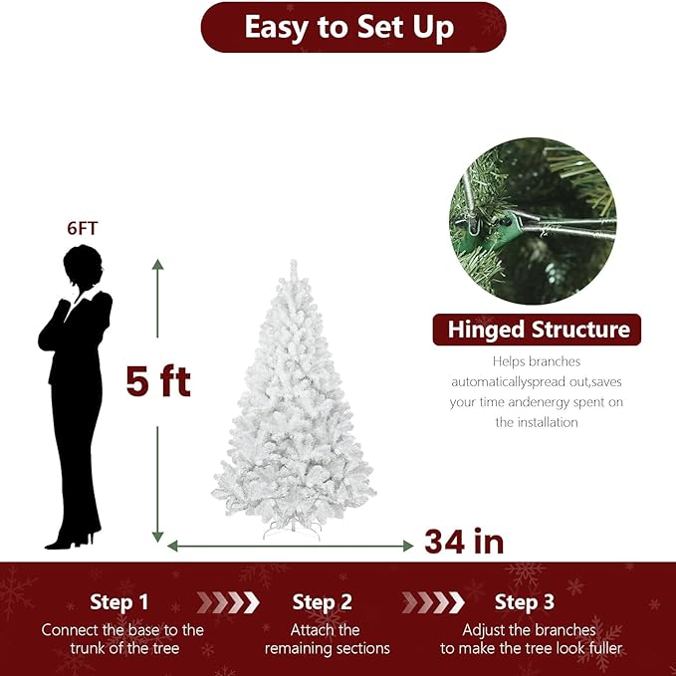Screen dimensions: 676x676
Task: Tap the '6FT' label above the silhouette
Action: pos(83,228)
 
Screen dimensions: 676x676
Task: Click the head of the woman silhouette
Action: pos(80,266)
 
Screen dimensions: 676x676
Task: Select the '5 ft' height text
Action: pos(157,380)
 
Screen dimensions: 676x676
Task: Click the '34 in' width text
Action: pos(464,542)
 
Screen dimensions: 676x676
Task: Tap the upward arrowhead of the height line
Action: pos(157,265)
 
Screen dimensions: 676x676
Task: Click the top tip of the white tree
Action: pos(293,264)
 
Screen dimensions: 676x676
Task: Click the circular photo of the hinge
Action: pos(532,221)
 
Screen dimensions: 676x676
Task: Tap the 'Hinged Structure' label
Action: pos(538,330)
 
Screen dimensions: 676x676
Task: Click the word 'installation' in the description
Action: pos(537,422)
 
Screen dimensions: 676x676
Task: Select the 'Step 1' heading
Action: pos(118,601)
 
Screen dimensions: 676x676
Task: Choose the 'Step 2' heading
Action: pos(323,601)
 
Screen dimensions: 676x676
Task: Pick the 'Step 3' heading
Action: pos(525,601)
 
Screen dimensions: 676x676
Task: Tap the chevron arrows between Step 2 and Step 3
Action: pos(432,601)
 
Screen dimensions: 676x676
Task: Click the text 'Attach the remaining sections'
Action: pos(327,639)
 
